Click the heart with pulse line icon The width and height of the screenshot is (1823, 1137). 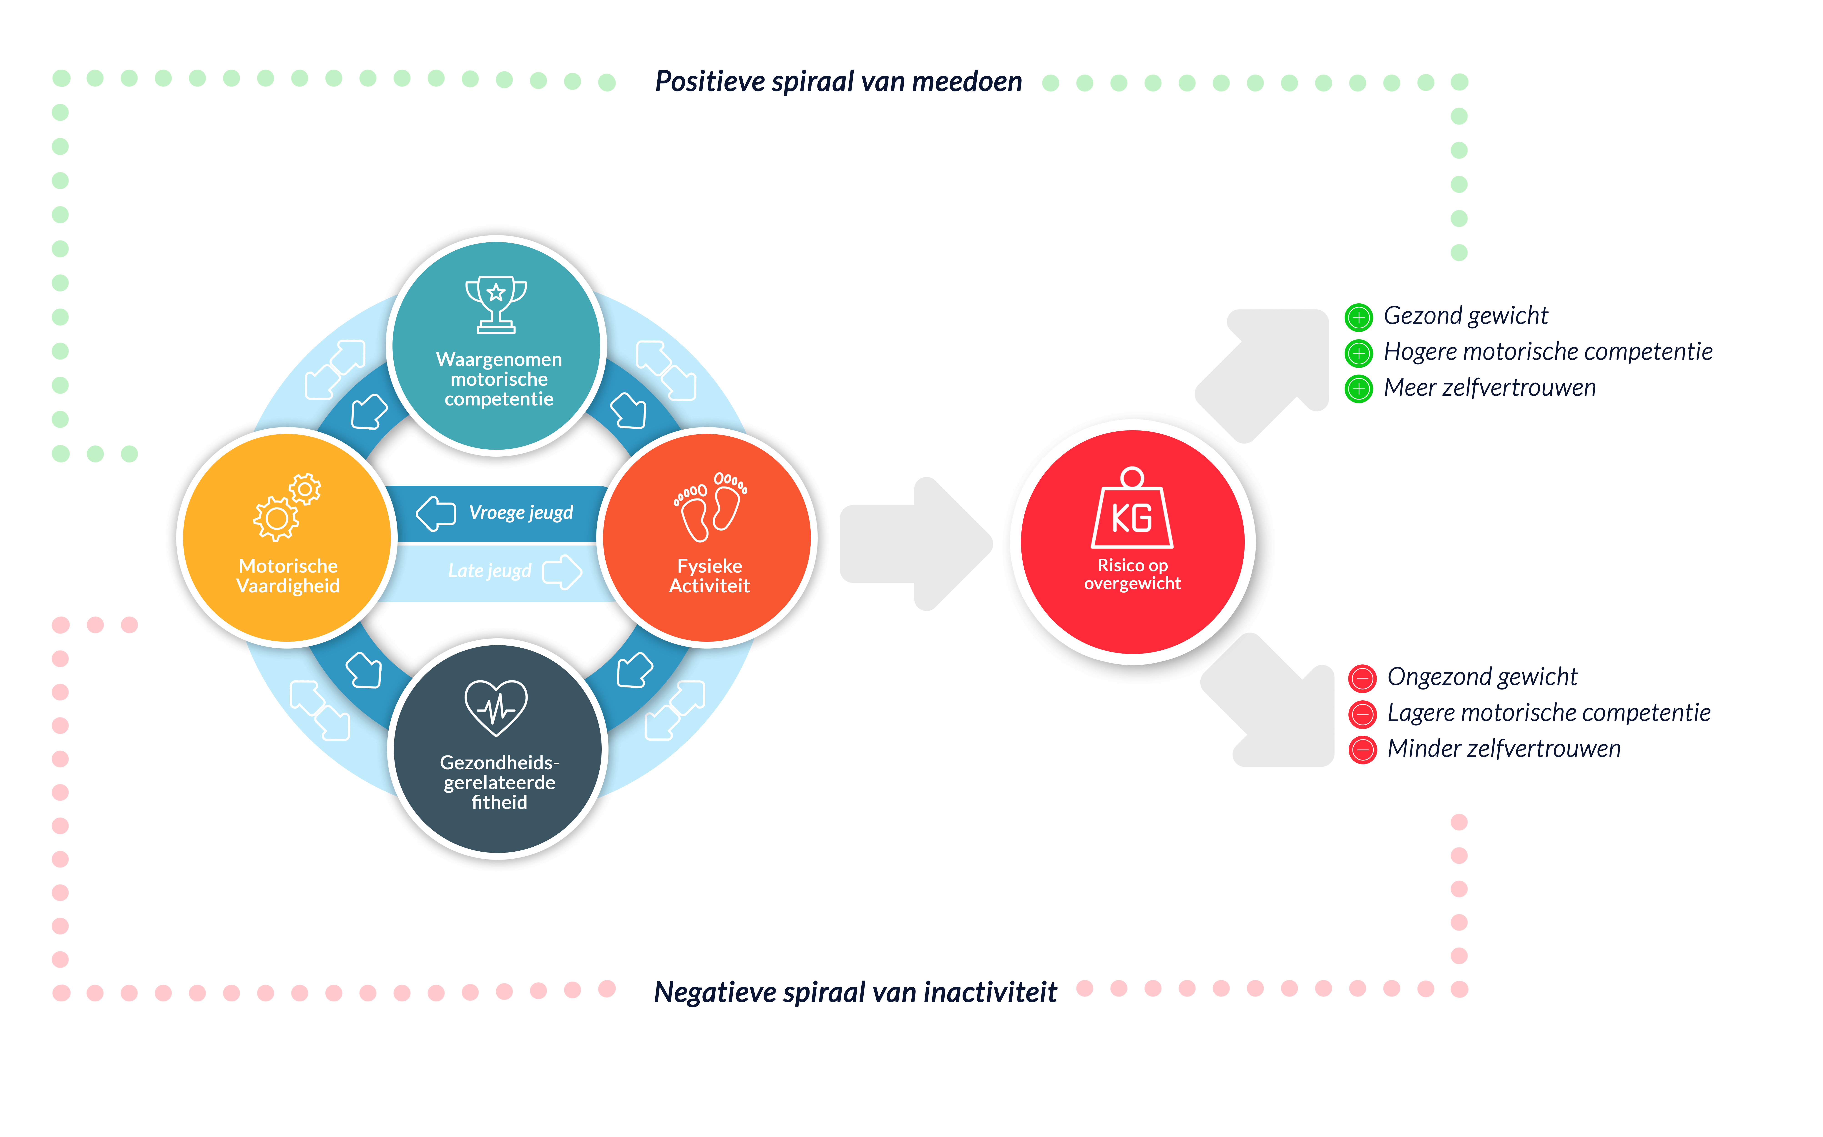496,708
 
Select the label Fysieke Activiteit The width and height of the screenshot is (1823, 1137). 710,576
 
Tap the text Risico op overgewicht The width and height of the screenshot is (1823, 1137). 1132,574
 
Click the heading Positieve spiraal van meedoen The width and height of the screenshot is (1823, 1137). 838,81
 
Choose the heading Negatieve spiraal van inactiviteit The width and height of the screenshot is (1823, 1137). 855,993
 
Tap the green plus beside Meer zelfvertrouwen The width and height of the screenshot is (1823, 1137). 1358,389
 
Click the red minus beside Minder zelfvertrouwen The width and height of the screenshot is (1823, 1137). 1362,750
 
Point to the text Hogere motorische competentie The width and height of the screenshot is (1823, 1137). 1548,352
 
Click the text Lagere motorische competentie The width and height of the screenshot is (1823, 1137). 1549,713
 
